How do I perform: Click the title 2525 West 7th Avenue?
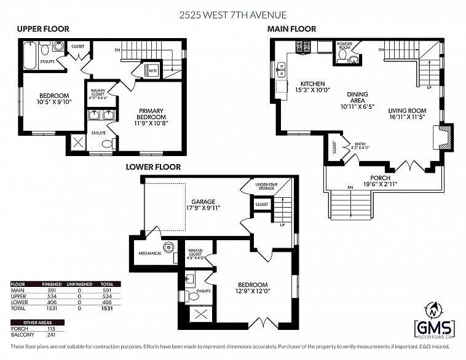[x=233, y=14]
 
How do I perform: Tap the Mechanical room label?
[x=149, y=253]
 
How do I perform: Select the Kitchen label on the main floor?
[x=312, y=87]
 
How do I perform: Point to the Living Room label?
[x=406, y=115]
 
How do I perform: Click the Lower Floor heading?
[x=153, y=166]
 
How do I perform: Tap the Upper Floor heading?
[x=43, y=29]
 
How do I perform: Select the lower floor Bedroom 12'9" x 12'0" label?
[x=253, y=288]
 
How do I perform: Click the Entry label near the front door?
[x=360, y=146]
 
